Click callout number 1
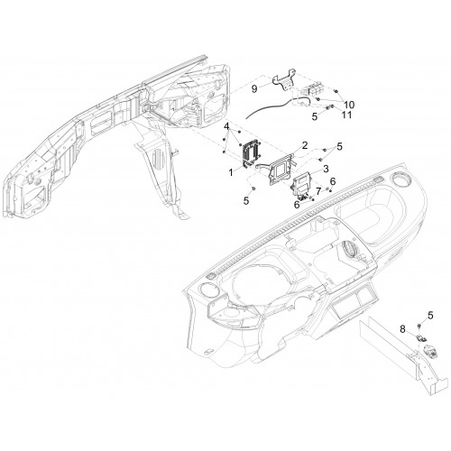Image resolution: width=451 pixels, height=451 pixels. click(231, 172)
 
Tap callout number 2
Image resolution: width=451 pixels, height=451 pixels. click(305, 145)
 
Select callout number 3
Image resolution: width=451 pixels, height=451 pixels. click(326, 169)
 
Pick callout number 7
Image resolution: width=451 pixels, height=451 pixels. click(318, 191)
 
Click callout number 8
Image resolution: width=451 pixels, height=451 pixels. click(402, 329)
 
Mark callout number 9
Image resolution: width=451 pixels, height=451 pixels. click(254, 88)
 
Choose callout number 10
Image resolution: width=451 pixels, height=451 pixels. click(349, 105)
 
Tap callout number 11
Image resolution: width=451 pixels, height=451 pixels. click(347, 115)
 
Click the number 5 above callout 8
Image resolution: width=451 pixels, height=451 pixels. click(430, 316)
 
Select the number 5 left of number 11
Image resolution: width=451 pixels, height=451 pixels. click(315, 116)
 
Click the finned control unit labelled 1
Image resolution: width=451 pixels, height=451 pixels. click(251, 153)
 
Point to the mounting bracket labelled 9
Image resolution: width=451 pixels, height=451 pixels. click(284, 80)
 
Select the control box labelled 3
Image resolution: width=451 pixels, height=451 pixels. click(302, 185)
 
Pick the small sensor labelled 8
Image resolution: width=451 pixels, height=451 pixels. click(421, 338)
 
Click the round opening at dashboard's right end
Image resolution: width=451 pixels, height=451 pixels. click(401, 180)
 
